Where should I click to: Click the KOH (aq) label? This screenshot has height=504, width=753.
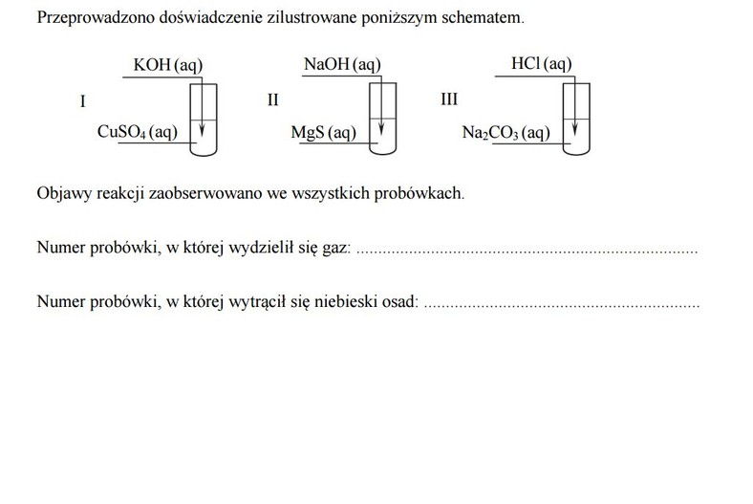(x=168, y=65)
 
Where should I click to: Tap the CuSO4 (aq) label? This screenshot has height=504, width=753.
(x=138, y=132)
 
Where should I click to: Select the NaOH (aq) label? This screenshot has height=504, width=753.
(x=342, y=64)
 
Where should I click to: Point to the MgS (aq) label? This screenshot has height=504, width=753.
(x=324, y=133)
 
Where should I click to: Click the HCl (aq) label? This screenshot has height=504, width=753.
(x=542, y=63)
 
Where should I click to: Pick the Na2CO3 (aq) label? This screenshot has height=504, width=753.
(x=506, y=133)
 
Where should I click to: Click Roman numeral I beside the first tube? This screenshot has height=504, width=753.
(x=82, y=102)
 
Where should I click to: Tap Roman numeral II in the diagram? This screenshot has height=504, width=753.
(x=272, y=99)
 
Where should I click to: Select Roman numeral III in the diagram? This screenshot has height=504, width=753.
(x=449, y=99)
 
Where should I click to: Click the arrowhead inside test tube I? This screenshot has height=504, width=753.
(x=203, y=130)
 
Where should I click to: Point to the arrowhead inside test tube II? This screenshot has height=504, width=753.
(x=381, y=129)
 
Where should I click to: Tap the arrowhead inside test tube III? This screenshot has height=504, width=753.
(x=575, y=129)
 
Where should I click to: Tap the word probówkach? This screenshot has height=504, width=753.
(x=418, y=193)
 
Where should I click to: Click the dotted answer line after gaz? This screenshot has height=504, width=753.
(x=527, y=252)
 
